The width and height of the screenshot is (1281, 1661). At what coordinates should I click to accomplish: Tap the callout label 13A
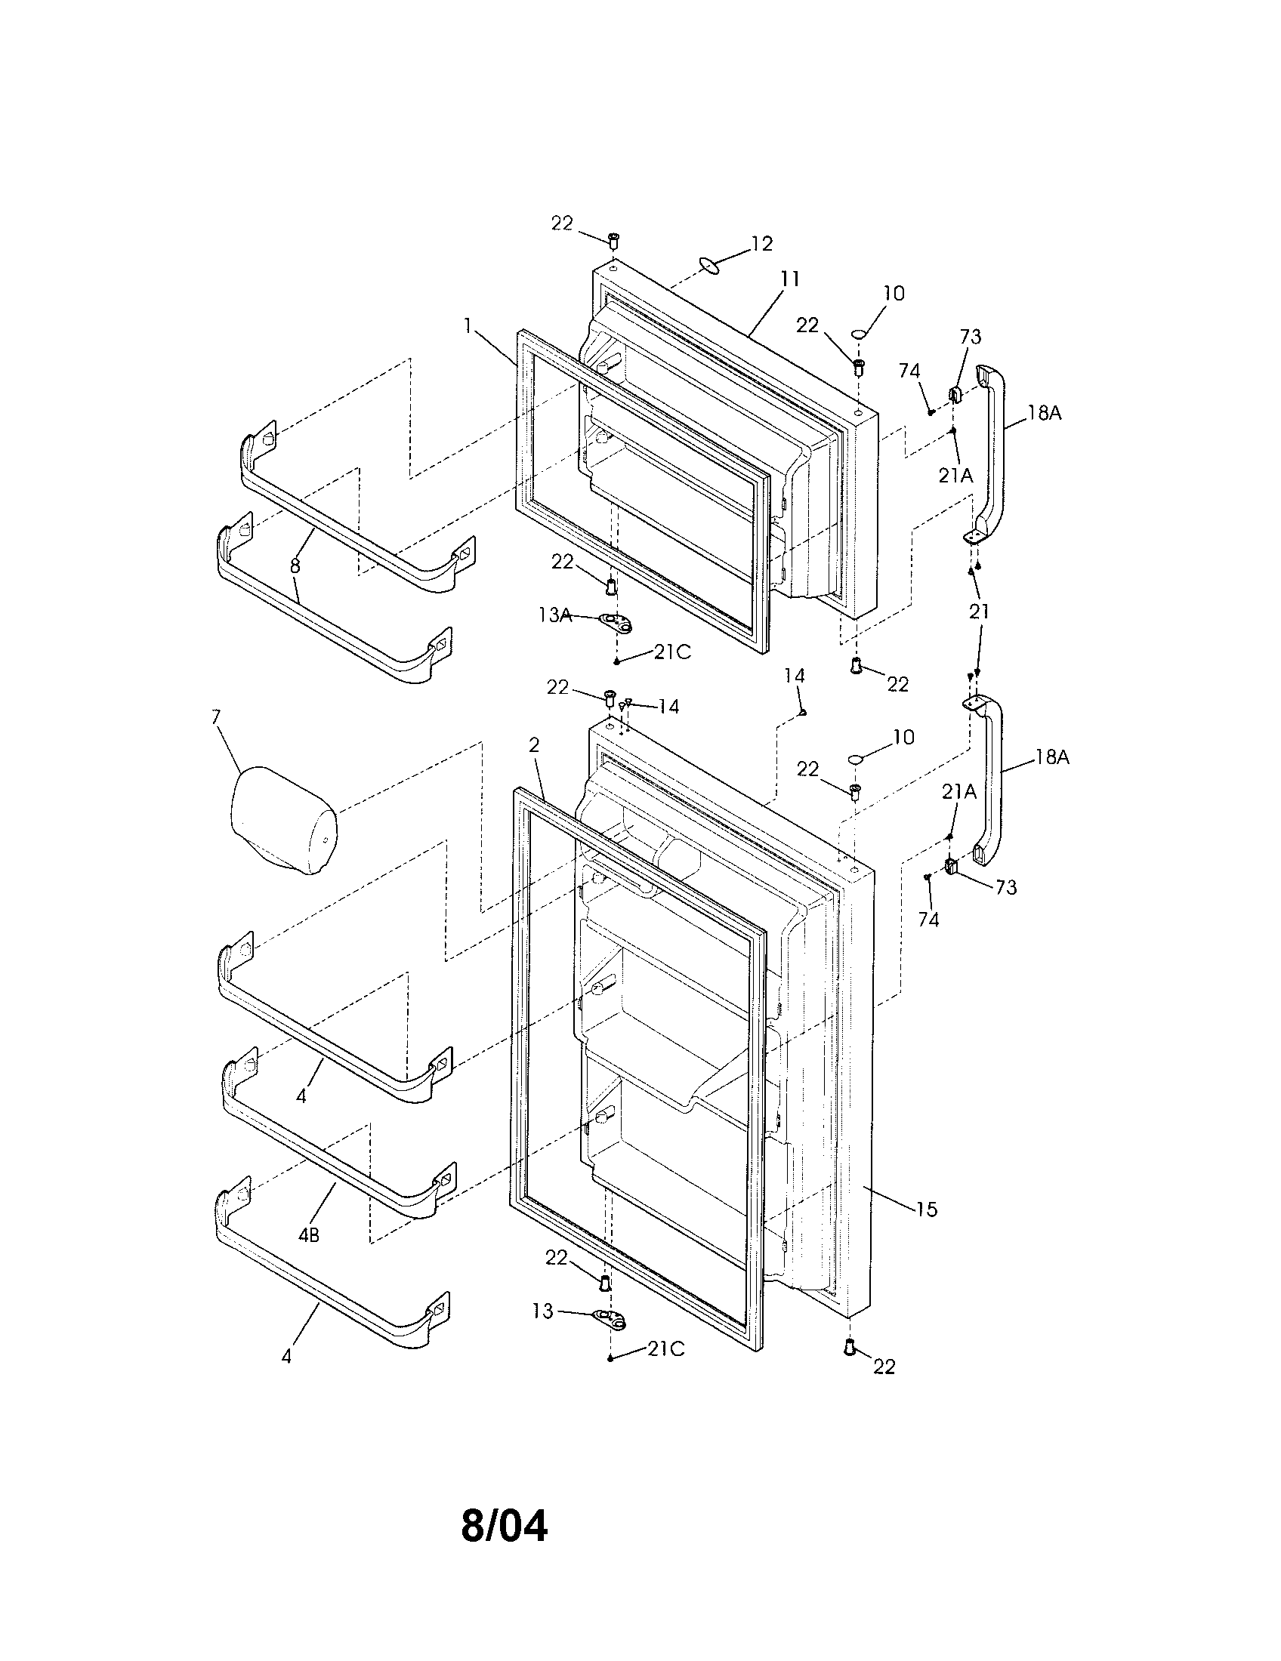click(x=554, y=615)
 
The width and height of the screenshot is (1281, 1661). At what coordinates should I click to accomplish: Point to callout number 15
click(x=927, y=1209)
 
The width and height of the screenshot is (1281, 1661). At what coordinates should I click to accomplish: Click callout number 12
click(x=761, y=243)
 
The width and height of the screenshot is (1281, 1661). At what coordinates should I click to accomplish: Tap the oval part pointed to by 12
click(x=709, y=264)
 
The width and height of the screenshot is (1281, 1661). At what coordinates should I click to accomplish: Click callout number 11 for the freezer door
click(x=789, y=280)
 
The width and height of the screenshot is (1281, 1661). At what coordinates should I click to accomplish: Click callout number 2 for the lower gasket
click(x=534, y=745)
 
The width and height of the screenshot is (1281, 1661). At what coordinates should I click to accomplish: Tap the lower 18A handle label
click(x=1051, y=757)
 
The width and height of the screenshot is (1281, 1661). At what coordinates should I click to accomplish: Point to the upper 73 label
click(x=970, y=336)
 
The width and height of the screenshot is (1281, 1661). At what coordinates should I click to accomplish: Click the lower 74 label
click(x=928, y=920)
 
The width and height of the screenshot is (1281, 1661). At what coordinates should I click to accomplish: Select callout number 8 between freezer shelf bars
click(x=295, y=565)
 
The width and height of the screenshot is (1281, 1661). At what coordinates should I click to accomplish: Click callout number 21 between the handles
click(x=979, y=612)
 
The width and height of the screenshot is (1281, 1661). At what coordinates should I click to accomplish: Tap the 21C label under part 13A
click(x=671, y=652)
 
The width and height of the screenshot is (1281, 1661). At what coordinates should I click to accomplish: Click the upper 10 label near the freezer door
click(x=894, y=293)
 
